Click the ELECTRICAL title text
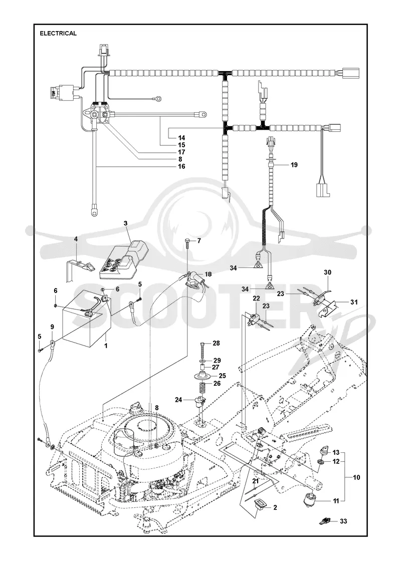[x=58, y=33]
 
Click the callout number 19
[x=294, y=165]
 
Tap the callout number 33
[x=343, y=521]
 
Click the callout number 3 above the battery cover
[x=125, y=223]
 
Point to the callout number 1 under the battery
[x=106, y=346]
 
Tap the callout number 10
[x=356, y=477]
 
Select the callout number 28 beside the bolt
[x=216, y=343]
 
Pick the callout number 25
[x=223, y=376]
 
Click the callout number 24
[x=179, y=399]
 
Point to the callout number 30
[x=328, y=272]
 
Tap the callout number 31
[x=354, y=302]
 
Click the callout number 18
[x=208, y=274]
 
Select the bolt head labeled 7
[x=187, y=241]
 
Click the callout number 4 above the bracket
[x=76, y=238]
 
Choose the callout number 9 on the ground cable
[x=52, y=327]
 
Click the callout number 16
[x=181, y=166]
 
